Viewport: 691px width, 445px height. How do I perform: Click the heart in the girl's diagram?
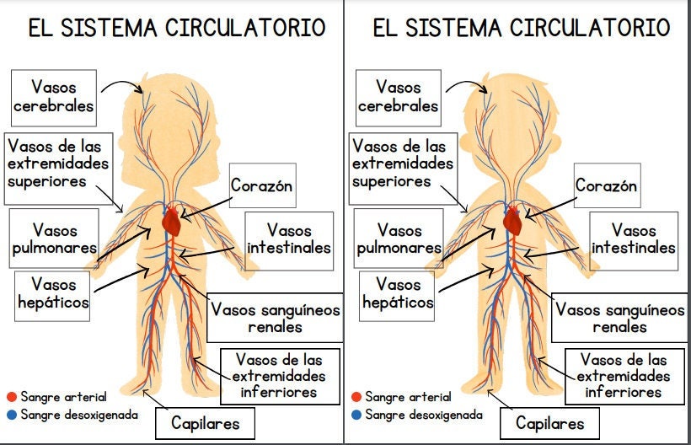coord(171,222)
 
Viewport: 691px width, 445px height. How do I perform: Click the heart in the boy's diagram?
coord(513,221)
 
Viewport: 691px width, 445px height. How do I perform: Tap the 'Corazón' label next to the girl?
coord(262,185)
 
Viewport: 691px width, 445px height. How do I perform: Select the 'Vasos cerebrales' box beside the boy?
coord(399,98)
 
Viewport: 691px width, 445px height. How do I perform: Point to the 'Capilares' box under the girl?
coord(205,423)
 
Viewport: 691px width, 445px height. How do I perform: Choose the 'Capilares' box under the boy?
coord(549,423)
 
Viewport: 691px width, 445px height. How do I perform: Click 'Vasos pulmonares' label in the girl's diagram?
coord(54,239)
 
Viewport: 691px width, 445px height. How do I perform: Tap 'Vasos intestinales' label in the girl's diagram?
coord(289,241)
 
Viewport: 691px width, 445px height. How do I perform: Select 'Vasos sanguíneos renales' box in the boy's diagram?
coord(619,318)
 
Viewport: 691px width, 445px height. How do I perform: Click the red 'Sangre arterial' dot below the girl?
coord(12,397)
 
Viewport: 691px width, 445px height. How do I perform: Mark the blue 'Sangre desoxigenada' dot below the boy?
coord(356,415)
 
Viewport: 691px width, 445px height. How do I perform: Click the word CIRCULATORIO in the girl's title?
coord(245,27)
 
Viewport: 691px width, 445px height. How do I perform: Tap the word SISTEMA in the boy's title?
coord(453,27)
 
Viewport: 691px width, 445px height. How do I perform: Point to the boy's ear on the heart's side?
coord(556,143)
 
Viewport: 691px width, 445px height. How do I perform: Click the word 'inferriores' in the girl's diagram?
coord(279,392)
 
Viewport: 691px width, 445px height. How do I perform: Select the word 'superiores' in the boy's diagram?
coord(391,181)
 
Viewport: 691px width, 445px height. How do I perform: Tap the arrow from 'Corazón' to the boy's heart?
coord(550,208)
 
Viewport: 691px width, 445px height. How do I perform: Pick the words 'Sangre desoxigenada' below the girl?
coord(79,415)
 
